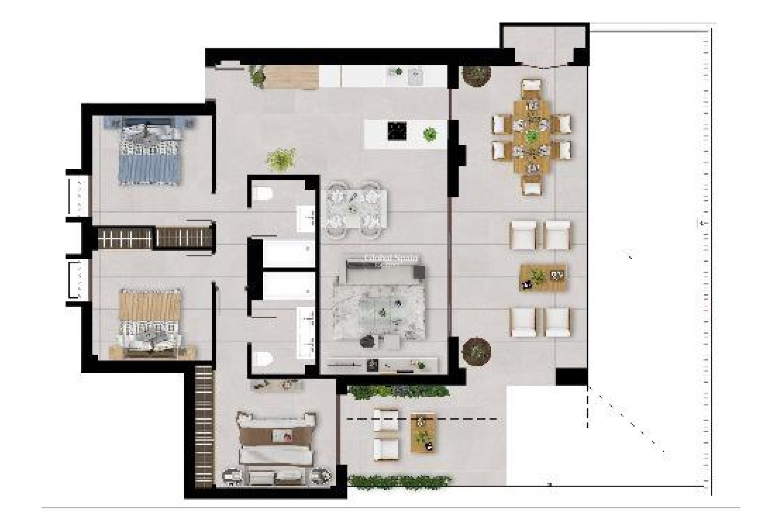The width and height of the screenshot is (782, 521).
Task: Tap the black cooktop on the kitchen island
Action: (397, 131)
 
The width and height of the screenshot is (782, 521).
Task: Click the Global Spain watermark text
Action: (391, 258)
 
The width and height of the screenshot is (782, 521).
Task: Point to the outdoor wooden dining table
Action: (531, 136)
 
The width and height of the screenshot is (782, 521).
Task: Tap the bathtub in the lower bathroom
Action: (288, 286)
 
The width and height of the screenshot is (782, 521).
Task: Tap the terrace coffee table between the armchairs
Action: (543, 278)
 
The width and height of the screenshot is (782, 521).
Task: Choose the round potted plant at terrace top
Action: (476, 75)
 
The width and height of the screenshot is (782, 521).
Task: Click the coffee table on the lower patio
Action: (424, 433)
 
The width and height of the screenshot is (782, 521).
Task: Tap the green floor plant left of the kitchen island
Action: (281, 159)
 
